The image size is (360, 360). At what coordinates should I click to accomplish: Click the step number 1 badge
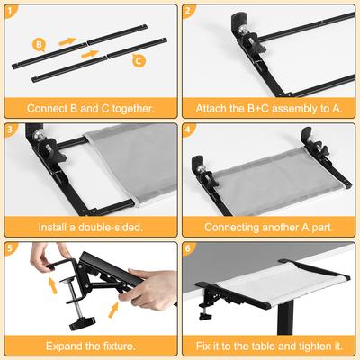(x=10, y=11)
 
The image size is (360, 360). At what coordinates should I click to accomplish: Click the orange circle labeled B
(x=39, y=43)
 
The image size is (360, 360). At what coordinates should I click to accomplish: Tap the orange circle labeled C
(x=138, y=61)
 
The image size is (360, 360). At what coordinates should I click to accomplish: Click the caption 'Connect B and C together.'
(x=90, y=108)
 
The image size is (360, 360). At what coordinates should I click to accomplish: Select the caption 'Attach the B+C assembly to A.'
(x=269, y=108)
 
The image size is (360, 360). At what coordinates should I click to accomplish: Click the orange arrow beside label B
(x=67, y=40)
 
